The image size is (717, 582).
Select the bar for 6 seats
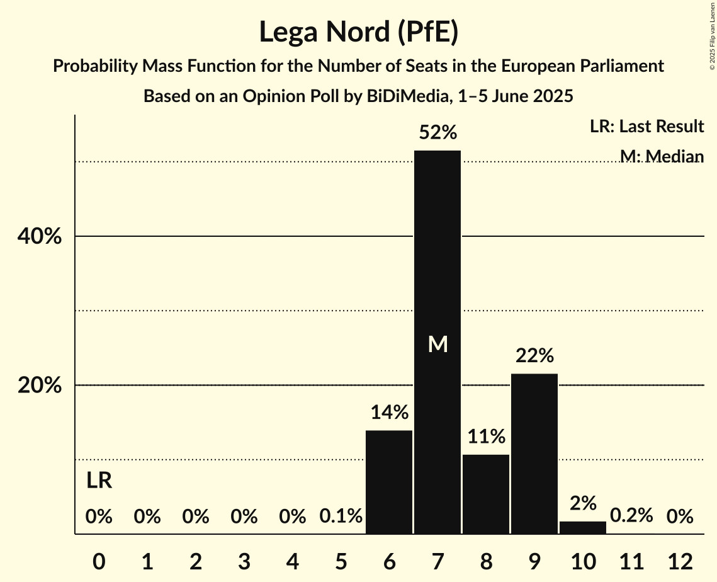pos(389,482)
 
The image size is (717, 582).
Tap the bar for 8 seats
pos(486,494)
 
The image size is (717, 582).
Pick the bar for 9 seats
pos(534,454)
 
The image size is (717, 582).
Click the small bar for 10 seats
pos(583,528)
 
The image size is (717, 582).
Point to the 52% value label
pos(438,133)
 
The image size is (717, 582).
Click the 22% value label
pos(534,356)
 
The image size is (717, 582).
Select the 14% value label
pos(389,413)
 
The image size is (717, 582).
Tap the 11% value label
pos(486,437)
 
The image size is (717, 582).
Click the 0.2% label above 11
pos(631,516)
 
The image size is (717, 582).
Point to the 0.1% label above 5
pos(341,516)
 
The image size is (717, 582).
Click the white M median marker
pos(438,344)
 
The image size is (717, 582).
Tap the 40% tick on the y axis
pos(39,237)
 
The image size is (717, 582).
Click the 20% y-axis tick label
pos(39,385)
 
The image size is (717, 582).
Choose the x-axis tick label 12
pos(680,561)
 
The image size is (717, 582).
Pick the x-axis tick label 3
pos(244,561)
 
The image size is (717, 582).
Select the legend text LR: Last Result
pos(646,127)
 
